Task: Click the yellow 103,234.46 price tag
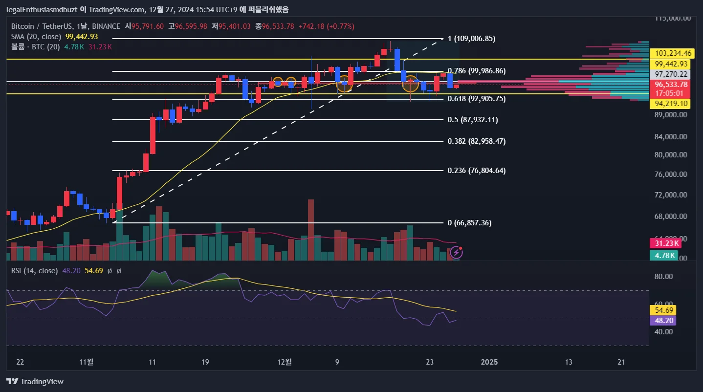[x=674, y=53]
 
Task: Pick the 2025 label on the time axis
[x=489, y=362]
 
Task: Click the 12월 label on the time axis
[x=284, y=362]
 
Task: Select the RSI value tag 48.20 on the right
[x=663, y=321]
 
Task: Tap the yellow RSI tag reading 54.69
[x=663, y=310]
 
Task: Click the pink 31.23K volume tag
[x=663, y=243]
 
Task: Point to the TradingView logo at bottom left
[x=35, y=381]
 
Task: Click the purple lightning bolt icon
[x=456, y=253]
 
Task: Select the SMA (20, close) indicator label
[x=36, y=37]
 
